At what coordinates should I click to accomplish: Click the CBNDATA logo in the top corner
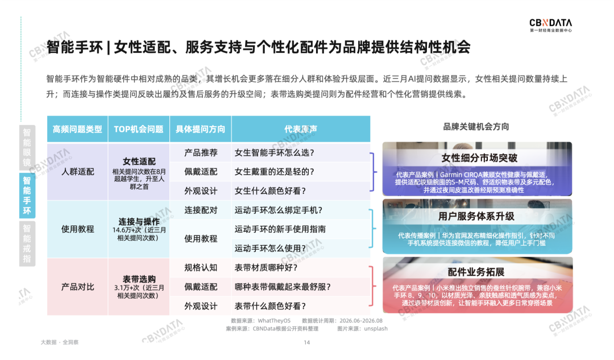pos(550,25)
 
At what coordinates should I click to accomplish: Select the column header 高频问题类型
pos(77,129)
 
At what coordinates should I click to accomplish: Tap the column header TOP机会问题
pos(139,129)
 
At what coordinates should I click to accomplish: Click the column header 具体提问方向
pos(201,129)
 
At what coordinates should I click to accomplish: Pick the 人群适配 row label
pos(77,172)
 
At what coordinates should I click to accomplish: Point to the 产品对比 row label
pos(77,287)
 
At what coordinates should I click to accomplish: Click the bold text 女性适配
pos(139,162)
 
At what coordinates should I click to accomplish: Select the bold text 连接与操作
pos(139,221)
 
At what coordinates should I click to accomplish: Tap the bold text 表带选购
pos(139,279)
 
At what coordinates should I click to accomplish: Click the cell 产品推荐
pos(201,153)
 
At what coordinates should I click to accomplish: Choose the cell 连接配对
pos(201,210)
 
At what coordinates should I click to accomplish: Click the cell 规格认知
pos(201,267)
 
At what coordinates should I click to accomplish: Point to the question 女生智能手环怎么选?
pos(274,153)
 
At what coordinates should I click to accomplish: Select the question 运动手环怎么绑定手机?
pos(279,210)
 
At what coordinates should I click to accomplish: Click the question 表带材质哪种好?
pos(266,267)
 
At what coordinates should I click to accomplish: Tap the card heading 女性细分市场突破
pos(479,158)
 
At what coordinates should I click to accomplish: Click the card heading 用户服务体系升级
pos(476,216)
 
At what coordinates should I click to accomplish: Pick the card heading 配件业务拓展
pos(476,272)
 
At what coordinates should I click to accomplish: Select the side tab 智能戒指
pos(27,243)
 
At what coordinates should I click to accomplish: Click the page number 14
pos(306,342)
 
